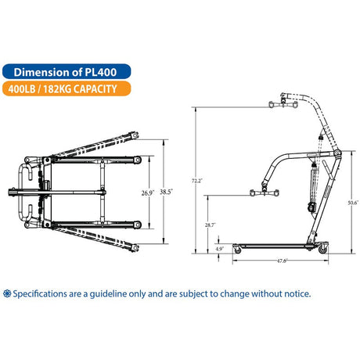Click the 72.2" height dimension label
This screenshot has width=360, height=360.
point(197,181)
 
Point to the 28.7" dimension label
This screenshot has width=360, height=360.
point(209,225)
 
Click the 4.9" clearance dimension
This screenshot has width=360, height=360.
point(219,249)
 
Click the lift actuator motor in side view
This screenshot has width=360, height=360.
point(311,207)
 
